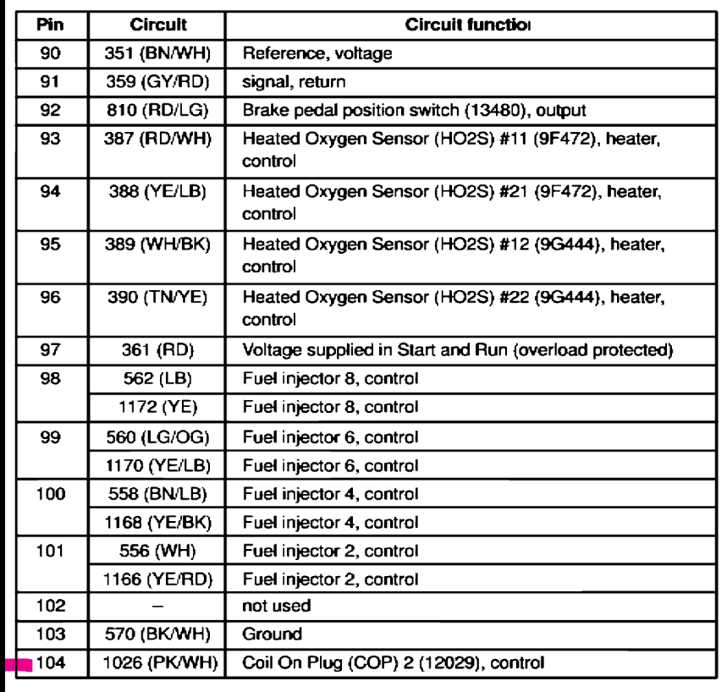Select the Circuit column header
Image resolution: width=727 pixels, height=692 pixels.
pos(158,26)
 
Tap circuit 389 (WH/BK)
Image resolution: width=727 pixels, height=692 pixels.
pos(158,244)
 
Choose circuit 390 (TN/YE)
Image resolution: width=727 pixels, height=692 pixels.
pos(158,298)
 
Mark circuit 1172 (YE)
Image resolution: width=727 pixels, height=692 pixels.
pos(158,407)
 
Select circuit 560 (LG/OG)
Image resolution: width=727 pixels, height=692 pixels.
pos(158,437)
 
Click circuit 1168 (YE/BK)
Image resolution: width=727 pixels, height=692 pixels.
pos(158,522)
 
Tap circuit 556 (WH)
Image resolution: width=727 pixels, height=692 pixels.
pos(158,551)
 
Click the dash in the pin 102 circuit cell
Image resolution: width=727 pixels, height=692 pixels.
pos(158,606)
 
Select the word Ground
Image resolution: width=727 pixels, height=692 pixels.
pos(267,634)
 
